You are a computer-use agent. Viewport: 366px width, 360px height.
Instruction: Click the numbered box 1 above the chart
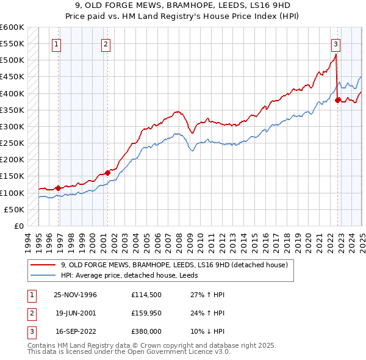[56, 43]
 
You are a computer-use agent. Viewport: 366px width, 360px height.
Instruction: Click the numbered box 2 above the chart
[106, 43]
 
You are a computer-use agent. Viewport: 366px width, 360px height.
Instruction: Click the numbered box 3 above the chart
[335, 43]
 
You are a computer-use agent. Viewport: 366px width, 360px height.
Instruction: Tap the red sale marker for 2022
[338, 101]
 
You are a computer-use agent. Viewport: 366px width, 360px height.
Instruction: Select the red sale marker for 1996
[59, 188]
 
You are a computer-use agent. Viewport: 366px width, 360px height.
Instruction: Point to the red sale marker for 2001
[107, 173]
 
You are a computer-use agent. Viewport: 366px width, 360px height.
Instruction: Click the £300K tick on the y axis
[12, 126]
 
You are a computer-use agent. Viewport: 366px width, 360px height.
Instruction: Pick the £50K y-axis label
[15, 209]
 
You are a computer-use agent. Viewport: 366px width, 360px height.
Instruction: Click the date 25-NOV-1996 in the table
[76, 295]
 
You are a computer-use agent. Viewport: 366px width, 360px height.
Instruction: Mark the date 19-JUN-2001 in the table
[76, 313]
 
